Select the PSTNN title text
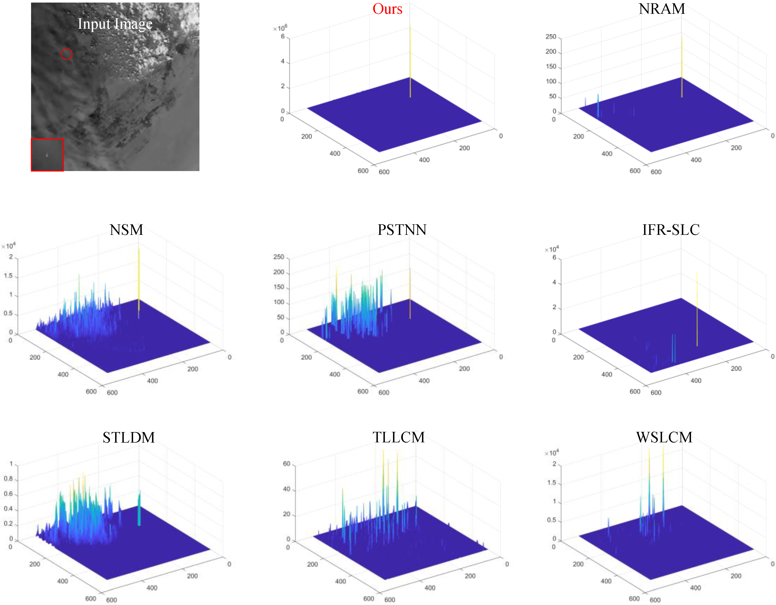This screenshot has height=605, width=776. click(402, 230)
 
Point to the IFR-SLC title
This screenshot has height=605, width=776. click(671, 230)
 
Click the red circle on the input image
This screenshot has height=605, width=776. click(67, 54)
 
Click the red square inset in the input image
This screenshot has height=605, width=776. click(47, 155)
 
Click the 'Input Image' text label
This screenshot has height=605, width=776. click(115, 24)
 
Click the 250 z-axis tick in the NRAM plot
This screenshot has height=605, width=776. click(551, 37)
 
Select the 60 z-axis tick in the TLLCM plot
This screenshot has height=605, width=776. click(286, 464)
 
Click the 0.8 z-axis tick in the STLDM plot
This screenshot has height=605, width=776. click(8, 479)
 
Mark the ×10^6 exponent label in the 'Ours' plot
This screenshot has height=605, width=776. click(280, 28)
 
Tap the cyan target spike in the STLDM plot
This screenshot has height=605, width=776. click(139, 508)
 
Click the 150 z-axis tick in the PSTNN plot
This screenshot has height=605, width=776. click(279, 287)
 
